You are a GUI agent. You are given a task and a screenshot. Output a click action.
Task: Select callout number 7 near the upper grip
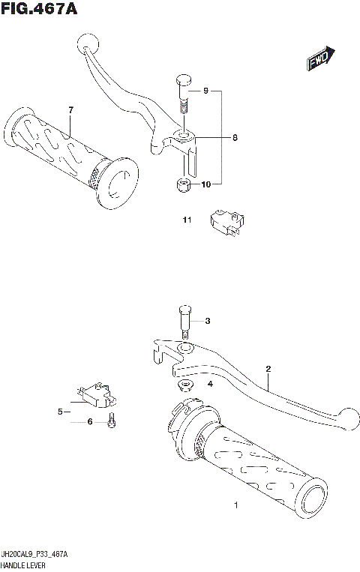coord(70,111)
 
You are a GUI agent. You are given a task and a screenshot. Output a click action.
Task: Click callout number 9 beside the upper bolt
coord(204,91)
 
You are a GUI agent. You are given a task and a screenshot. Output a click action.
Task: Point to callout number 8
coord(234,138)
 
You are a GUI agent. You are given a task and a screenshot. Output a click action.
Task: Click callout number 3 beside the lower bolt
coord(208,322)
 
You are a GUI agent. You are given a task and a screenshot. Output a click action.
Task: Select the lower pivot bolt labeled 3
coord(184,321)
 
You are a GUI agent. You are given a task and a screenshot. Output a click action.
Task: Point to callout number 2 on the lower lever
coord(266,368)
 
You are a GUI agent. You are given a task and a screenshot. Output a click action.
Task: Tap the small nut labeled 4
coord(184,385)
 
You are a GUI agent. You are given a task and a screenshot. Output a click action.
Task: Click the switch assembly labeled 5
coord(94,391)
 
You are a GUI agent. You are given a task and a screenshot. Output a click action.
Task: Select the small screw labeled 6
coord(111,421)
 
